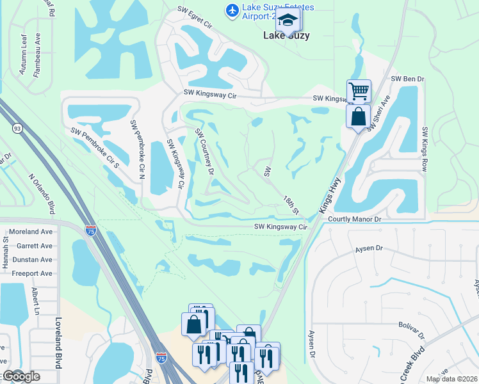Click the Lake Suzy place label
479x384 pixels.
tap(286, 36)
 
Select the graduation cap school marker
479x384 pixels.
tap(288, 22)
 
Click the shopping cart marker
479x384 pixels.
tap(359, 91)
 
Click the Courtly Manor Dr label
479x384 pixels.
tap(354, 219)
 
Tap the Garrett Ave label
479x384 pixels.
tap(35, 245)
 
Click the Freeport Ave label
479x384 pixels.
tap(31, 273)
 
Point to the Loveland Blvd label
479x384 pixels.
tap(58, 342)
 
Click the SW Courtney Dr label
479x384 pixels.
tap(204, 152)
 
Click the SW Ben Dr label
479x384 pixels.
tap(408, 79)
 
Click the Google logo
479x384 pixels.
tap(20, 376)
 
